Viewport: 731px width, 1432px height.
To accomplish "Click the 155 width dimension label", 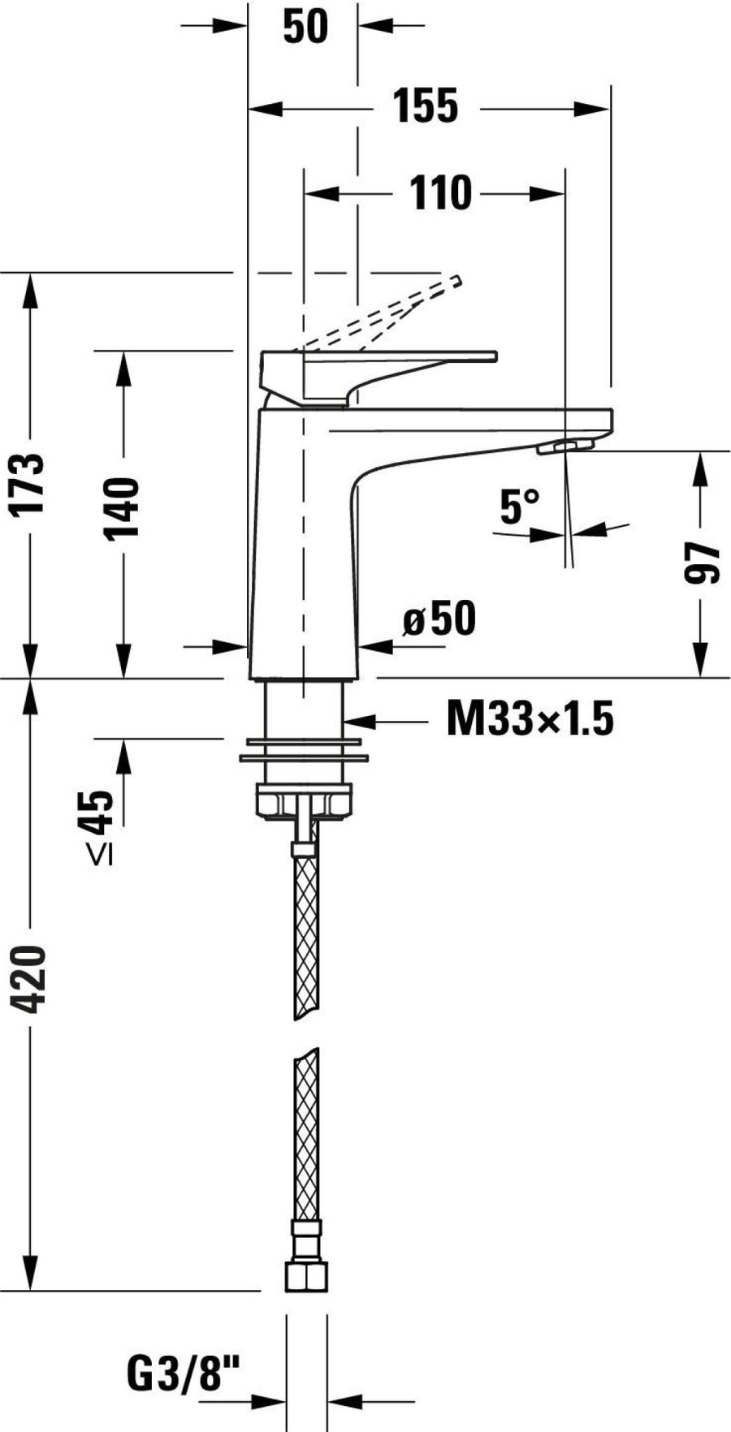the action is coord(426,106).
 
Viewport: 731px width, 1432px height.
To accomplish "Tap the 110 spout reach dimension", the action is coord(440,193).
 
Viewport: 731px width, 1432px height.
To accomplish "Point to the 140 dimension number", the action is coord(123,509).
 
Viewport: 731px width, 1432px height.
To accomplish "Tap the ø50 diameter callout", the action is coord(439,620).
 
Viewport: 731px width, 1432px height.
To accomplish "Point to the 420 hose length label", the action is coord(31,979).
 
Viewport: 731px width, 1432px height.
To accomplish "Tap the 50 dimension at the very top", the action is coord(305,26).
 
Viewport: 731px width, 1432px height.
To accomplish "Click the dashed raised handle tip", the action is coord(456,281).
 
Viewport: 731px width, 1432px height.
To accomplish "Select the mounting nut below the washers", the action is coord(305,801).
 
